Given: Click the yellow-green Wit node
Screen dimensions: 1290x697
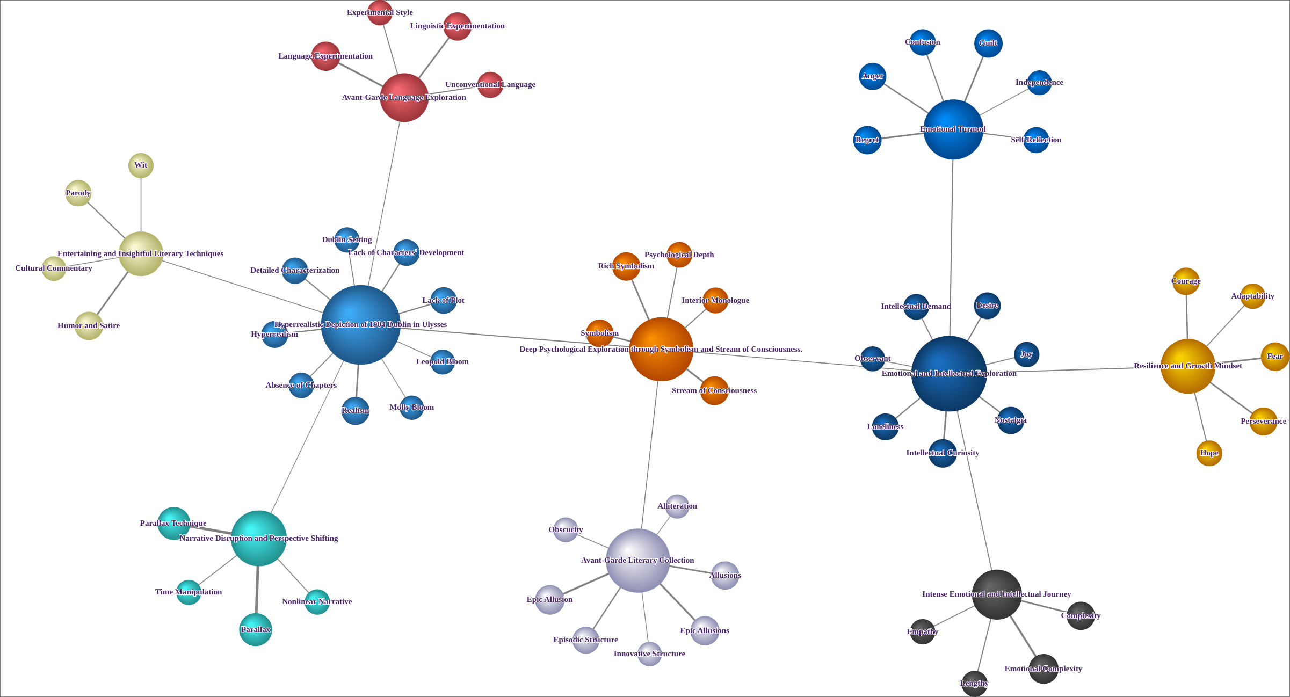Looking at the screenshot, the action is pos(141,165).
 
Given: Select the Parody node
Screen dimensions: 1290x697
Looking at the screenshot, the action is pos(78,193).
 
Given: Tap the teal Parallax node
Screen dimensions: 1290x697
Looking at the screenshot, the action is pos(256,629).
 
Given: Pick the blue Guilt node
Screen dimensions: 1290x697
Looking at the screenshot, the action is pos(988,43).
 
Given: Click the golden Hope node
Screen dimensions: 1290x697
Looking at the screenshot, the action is pos(1209,453).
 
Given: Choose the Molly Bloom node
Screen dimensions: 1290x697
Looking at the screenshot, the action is pos(412,408).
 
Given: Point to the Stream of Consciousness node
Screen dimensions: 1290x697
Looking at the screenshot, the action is pos(714,391).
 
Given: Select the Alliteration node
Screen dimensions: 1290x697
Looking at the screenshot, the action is pos(677,506).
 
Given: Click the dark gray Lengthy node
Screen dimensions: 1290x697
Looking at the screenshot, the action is pos(974,684).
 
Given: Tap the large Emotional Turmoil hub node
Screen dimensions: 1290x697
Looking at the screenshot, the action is pos(953,129).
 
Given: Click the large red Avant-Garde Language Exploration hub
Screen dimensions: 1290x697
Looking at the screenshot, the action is pos(404,98).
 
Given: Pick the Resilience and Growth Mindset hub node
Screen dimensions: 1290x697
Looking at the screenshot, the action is pos(1188,366).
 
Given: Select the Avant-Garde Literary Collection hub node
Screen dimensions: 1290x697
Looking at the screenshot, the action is pos(637,561).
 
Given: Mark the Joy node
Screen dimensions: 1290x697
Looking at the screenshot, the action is pos(1026,354).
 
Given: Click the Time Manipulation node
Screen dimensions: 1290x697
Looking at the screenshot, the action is pos(189,592).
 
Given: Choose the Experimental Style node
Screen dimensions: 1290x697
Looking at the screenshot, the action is pos(380,13).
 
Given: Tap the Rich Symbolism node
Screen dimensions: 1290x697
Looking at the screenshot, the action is pos(626,266).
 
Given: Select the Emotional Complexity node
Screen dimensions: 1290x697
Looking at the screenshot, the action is pos(1043,669).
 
